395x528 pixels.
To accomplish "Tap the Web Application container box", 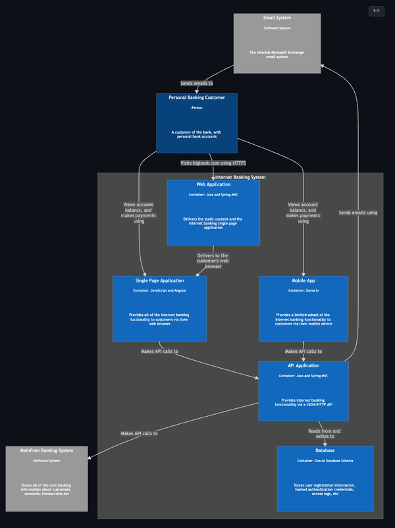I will pyautogui.click(x=213, y=212).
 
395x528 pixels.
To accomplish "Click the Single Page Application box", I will pyautogui.click(x=159, y=308).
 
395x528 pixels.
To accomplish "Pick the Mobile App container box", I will pyautogui.click(x=303, y=308).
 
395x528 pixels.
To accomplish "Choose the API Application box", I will pyautogui.click(x=303, y=390).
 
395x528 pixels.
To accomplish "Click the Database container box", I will pyautogui.click(x=325, y=478).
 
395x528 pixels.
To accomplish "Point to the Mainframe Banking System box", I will pyautogui.click(x=47, y=478).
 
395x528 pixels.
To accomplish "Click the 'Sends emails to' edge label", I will pyautogui.click(x=197, y=84).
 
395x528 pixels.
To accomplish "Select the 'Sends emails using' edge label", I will pyautogui.click(x=358, y=213).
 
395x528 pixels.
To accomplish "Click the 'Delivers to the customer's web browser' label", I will pyautogui.click(x=213, y=261).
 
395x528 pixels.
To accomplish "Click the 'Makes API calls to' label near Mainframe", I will pyautogui.click(x=139, y=434).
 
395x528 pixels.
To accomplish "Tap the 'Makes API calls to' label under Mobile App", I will pyautogui.click(x=303, y=352).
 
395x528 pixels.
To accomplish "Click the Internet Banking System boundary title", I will pyautogui.click(x=240, y=177).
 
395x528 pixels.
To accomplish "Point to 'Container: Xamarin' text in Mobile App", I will pyautogui.click(x=303, y=290).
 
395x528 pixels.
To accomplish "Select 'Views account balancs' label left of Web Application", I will pyautogui.click(x=138, y=213).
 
